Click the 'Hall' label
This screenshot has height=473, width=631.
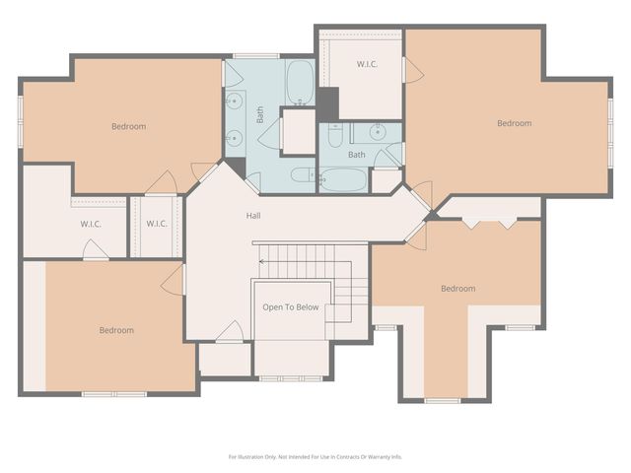click(x=253, y=215)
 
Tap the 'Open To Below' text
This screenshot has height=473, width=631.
click(x=291, y=307)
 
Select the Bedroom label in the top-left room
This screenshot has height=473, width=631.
click(x=128, y=126)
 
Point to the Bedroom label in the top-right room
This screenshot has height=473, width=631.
click(x=514, y=123)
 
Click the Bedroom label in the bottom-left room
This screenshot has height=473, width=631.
click(x=116, y=330)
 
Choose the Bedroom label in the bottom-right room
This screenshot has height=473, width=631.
click(x=457, y=289)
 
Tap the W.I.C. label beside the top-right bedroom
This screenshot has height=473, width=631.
click(x=367, y=64)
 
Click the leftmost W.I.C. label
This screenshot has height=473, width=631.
click(x=92, y=224)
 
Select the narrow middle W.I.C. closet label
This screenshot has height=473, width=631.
click(x=157, y=224)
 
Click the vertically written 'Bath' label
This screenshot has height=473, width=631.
click(x=261, y=115)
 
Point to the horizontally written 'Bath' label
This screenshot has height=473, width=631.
click(x=356, y=155)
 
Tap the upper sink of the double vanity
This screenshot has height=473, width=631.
click(x=235, y=100)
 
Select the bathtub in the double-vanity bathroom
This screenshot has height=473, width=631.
click(x=300, y=83)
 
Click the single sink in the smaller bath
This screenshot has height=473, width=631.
click(x=378, y=131)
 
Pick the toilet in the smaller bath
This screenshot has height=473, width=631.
click(x=335, y=134)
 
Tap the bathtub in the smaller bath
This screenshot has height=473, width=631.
click(x=342, y=180)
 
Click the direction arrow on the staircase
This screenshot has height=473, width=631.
click(x=263, y=261)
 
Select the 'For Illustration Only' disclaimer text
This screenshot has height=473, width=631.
click(x=315, y=456)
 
